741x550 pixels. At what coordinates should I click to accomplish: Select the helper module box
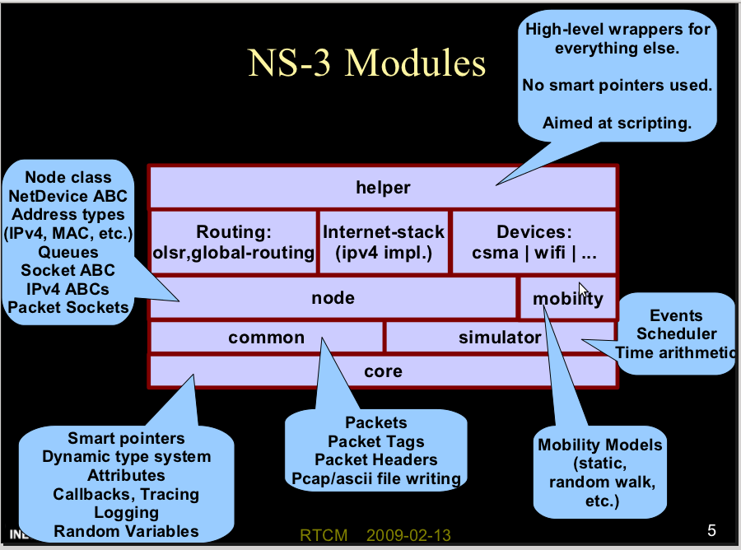pyautogui.click(x=383, y=188)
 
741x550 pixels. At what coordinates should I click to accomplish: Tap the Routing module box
pyautogui.click(x=234, y=242)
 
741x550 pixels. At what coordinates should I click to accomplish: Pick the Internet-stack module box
pyautogui.click(x=383, y=242)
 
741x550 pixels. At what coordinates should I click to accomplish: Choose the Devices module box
pyautogui.click(x=534, y=242)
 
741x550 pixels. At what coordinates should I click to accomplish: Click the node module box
pyautogui.click(x=333, y=298)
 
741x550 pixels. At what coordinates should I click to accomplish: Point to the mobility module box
pyautogui.click(x=567, y=298)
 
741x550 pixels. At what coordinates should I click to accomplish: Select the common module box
pyautogui.click(x=266, y=337)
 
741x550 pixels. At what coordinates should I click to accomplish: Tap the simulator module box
pyautogui.click(x=500, y=337)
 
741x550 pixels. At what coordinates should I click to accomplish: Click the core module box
pyautogui.click(x=383, y=371)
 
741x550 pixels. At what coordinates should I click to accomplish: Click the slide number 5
pyautogui.click(x=711, y=529)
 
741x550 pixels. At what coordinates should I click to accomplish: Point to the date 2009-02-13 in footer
pyautogui.click(x=408, y=535)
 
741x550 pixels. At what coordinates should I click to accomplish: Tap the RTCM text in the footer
pyautogui.click(x=324, y=535)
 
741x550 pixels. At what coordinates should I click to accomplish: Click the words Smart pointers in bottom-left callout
pyautogui.click(x=126, y=438)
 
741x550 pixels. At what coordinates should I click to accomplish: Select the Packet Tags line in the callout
pyautogui.click(x=375, y=441)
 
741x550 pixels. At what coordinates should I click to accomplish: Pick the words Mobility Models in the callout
pyautogui.click(x=599, y=445)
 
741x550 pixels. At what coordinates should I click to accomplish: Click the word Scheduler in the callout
pyautogui.click(x=676, y=333)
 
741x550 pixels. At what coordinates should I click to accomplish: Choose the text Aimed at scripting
pyautogui.click(x=617, y=124)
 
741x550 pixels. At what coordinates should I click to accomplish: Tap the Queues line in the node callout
pyautogui.click(x=68, y=252)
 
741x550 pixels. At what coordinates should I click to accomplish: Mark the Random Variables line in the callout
pyautogui.click(x=126, y=531)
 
